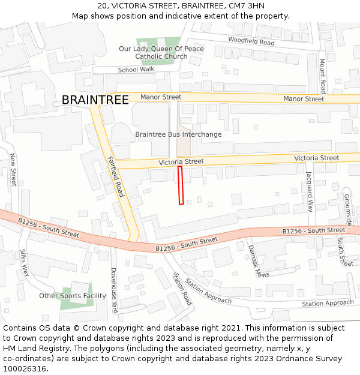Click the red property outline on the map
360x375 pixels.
point(181,185)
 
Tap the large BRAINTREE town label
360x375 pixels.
point(95,100)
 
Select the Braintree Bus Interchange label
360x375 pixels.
point(178,134)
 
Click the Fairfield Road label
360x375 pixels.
point(115,176)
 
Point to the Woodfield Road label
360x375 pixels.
point(251,41)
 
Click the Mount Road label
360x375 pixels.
point(322,76)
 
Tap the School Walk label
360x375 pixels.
point(136,70)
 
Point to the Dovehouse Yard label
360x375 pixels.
point(113,290)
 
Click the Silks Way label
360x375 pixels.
point(25,262)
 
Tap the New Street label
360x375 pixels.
point(13,169)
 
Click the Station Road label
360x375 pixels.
point(182,288)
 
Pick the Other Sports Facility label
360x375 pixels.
point(73,296)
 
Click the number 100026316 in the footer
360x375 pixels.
point(25,369)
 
